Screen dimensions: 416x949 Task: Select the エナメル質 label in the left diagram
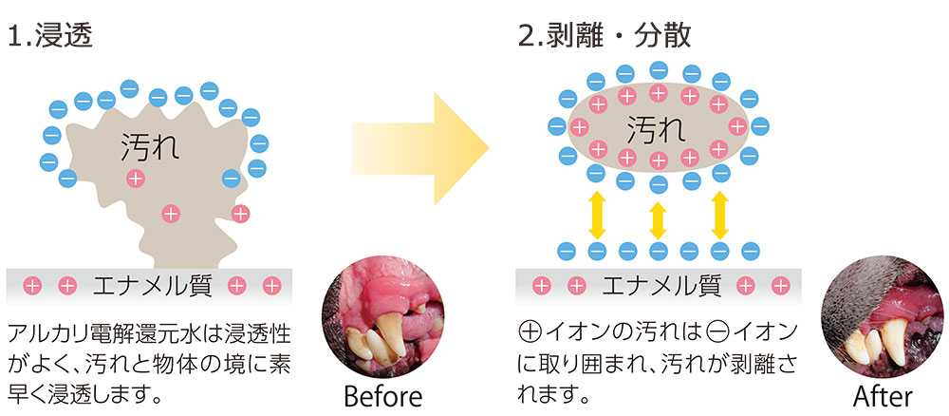152,283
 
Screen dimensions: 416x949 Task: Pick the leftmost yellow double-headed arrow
597,215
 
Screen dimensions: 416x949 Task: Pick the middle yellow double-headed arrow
658,217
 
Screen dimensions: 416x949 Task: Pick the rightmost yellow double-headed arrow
718,215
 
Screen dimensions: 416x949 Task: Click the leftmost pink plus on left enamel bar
32,283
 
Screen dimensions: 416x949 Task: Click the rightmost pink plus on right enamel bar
780,284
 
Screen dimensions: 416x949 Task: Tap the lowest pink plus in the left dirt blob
170,213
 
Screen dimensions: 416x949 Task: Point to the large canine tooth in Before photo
392,335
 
